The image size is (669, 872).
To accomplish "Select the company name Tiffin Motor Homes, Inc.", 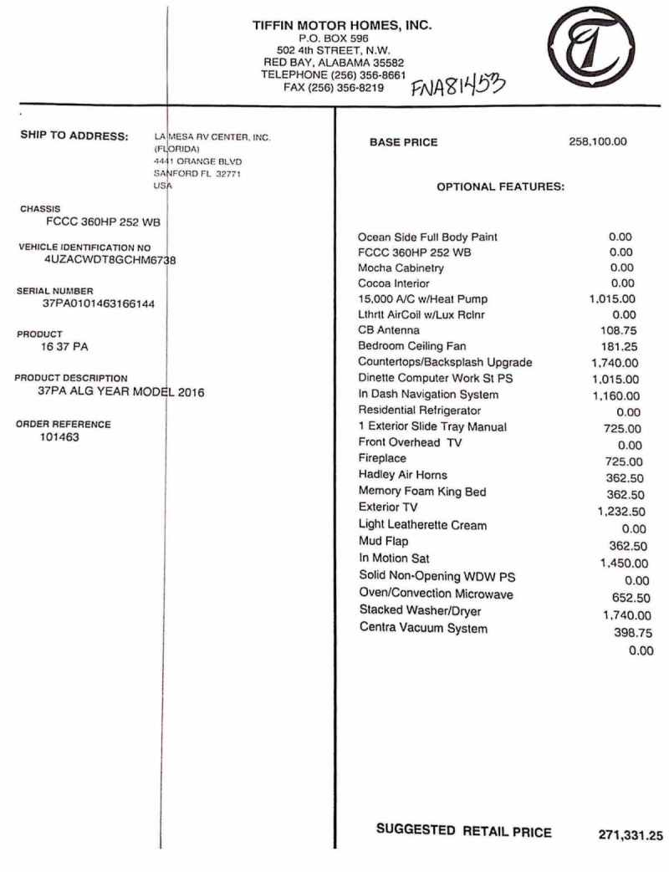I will point(342,25).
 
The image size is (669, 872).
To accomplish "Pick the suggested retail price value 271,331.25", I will point(631,834).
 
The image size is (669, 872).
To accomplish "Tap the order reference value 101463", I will point(59,436).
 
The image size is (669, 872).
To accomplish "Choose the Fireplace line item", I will point(380,460).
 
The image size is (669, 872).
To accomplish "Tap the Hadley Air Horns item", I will point(402,475).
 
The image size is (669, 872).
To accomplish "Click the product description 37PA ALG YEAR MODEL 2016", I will point(121,391).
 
